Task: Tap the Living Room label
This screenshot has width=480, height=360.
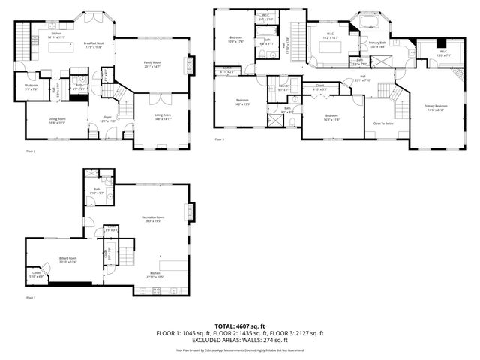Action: click(x=163, y=117)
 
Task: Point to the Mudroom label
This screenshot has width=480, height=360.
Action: click(x=31, y=88)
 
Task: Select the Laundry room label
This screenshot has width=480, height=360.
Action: click(x=285, y=88)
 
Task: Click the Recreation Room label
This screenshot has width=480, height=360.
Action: click(x=153, y=220)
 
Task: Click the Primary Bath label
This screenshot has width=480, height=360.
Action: click(x=378, y=46)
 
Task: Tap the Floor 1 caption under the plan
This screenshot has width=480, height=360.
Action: click(x=31, y=298)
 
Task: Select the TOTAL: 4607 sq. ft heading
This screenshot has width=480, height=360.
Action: click(x=240, y=326)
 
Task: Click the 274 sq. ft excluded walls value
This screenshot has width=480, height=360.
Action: click(x=283, y=340)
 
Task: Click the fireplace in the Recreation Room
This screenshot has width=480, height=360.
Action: click(x=190, y=213)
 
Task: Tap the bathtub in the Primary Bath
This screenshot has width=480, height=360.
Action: click(x=369, y=23)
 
